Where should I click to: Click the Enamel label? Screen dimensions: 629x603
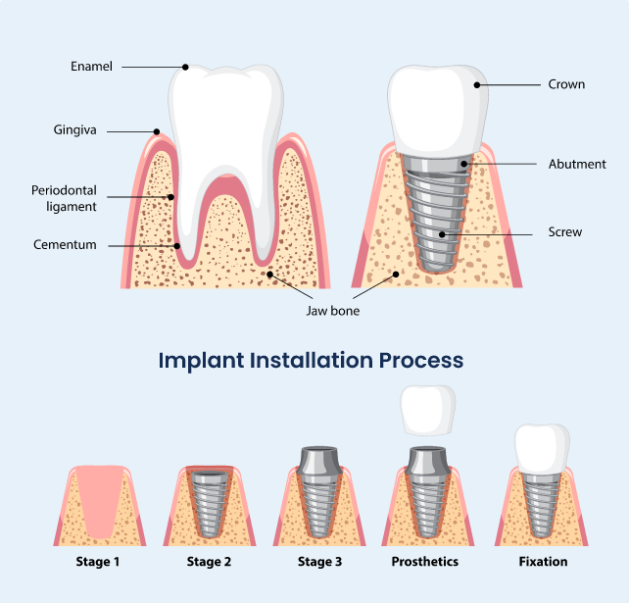tap(91, 67)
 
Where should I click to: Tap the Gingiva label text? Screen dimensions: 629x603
tap(75, 130)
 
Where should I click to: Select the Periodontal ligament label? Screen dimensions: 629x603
tap(65, 198)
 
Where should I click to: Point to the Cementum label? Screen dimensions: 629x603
tap(65, 244)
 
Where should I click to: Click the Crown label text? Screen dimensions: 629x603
tap(566, 84)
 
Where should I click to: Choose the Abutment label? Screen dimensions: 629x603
tap(577, 164)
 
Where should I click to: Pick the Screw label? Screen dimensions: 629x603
tap(564, 231)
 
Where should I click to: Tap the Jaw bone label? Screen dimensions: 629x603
tap(333, 311)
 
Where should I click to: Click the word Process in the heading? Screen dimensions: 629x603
tap(421, 360)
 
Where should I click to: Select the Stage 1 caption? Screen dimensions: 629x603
tap(98, 562)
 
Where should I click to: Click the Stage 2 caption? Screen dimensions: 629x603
tap(209, 562)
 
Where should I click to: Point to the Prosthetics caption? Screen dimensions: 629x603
tap(425, 561)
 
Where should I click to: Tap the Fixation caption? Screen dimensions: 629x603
tap(543, 561)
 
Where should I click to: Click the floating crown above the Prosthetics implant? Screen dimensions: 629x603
tap(428, 410)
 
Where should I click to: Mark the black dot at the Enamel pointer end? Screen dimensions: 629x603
tap(185, 67)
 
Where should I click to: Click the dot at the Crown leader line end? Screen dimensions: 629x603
tap(477, 84)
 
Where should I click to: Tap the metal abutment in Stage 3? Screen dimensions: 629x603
tap(319, 462)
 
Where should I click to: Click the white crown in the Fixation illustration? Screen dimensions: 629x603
tap(543, 448)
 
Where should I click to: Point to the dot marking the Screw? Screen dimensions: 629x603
tap(442, 234)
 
